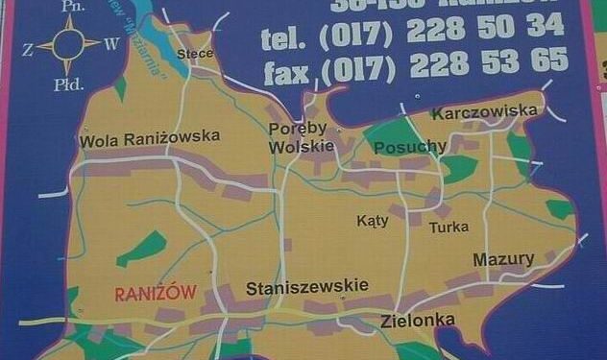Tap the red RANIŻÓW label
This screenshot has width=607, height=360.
tap(156, 294)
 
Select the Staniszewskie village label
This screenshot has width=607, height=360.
tap(307, 288)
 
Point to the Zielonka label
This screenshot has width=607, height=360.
tap(418, 322)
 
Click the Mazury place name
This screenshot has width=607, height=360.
tap(503, 260)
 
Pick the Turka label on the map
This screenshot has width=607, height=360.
tap(449, 228)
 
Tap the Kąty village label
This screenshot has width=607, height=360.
tap(373, 221)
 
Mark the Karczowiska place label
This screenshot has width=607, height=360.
tap(485, 113)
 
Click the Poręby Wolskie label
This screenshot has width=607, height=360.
tap(300, 137)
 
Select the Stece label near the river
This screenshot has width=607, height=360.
tap(195, 53)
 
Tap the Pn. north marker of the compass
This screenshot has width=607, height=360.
tap(69, 6)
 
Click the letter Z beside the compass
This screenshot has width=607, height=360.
tap(28, 45)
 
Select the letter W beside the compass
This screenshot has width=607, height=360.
tap(111, 43)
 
